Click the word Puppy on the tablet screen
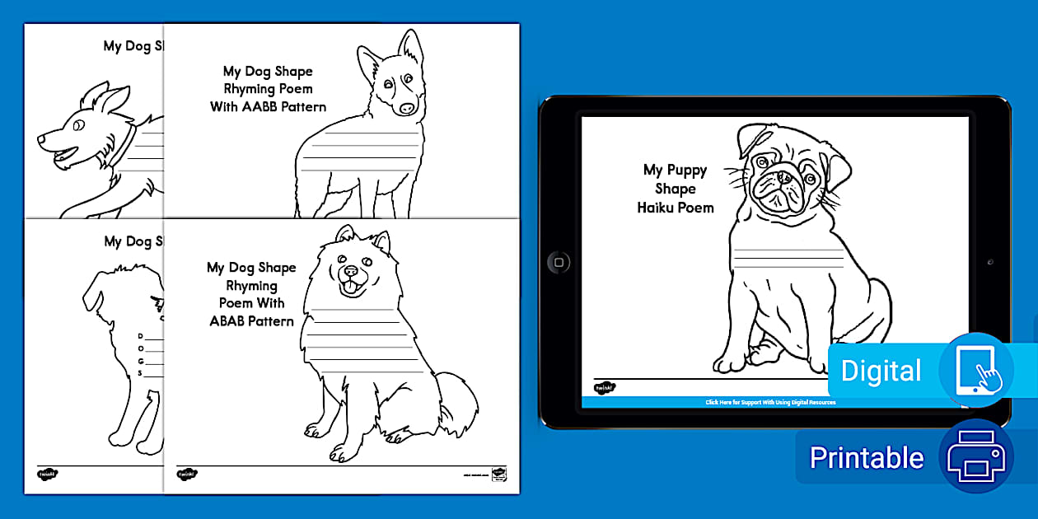(x=686, y=171)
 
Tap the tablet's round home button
(x=558, y=263)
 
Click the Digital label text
(x=881, y=371)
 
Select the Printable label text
(x=866, y=458)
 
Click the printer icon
(x=975, y=458)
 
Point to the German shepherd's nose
(x=408, y=109)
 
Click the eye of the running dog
(x=77, y=126)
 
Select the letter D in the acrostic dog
(x=141, y=336)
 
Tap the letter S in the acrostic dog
(x=141, y=372)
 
